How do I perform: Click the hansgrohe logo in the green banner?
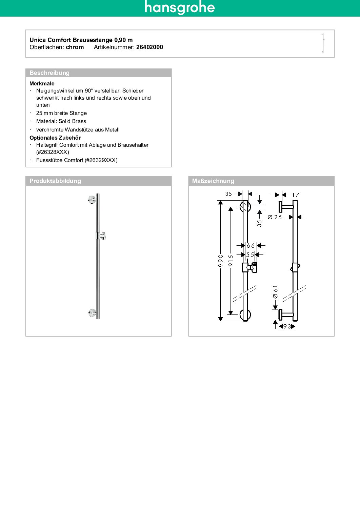(180, 7)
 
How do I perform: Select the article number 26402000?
(149, 47)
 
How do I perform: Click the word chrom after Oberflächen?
(75, 47)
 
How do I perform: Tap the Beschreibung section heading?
(49, 73)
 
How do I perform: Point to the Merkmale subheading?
(42, 83)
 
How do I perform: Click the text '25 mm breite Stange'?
(61, 113)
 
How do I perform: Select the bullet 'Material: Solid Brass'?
(61, 121)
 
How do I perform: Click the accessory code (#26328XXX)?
(53, 152)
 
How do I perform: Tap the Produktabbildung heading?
(55, 181)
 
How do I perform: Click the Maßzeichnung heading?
(213, 181)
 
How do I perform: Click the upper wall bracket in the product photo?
(92, 200)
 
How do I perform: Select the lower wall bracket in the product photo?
(92, 313)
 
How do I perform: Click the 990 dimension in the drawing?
(221, 261)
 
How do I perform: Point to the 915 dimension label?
(231, 261)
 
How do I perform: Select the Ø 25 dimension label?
(275, 217)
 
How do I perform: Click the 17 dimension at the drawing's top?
(296, 195)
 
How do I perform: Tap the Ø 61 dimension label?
(275, 292)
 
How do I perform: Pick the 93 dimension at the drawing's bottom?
(287, 326)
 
